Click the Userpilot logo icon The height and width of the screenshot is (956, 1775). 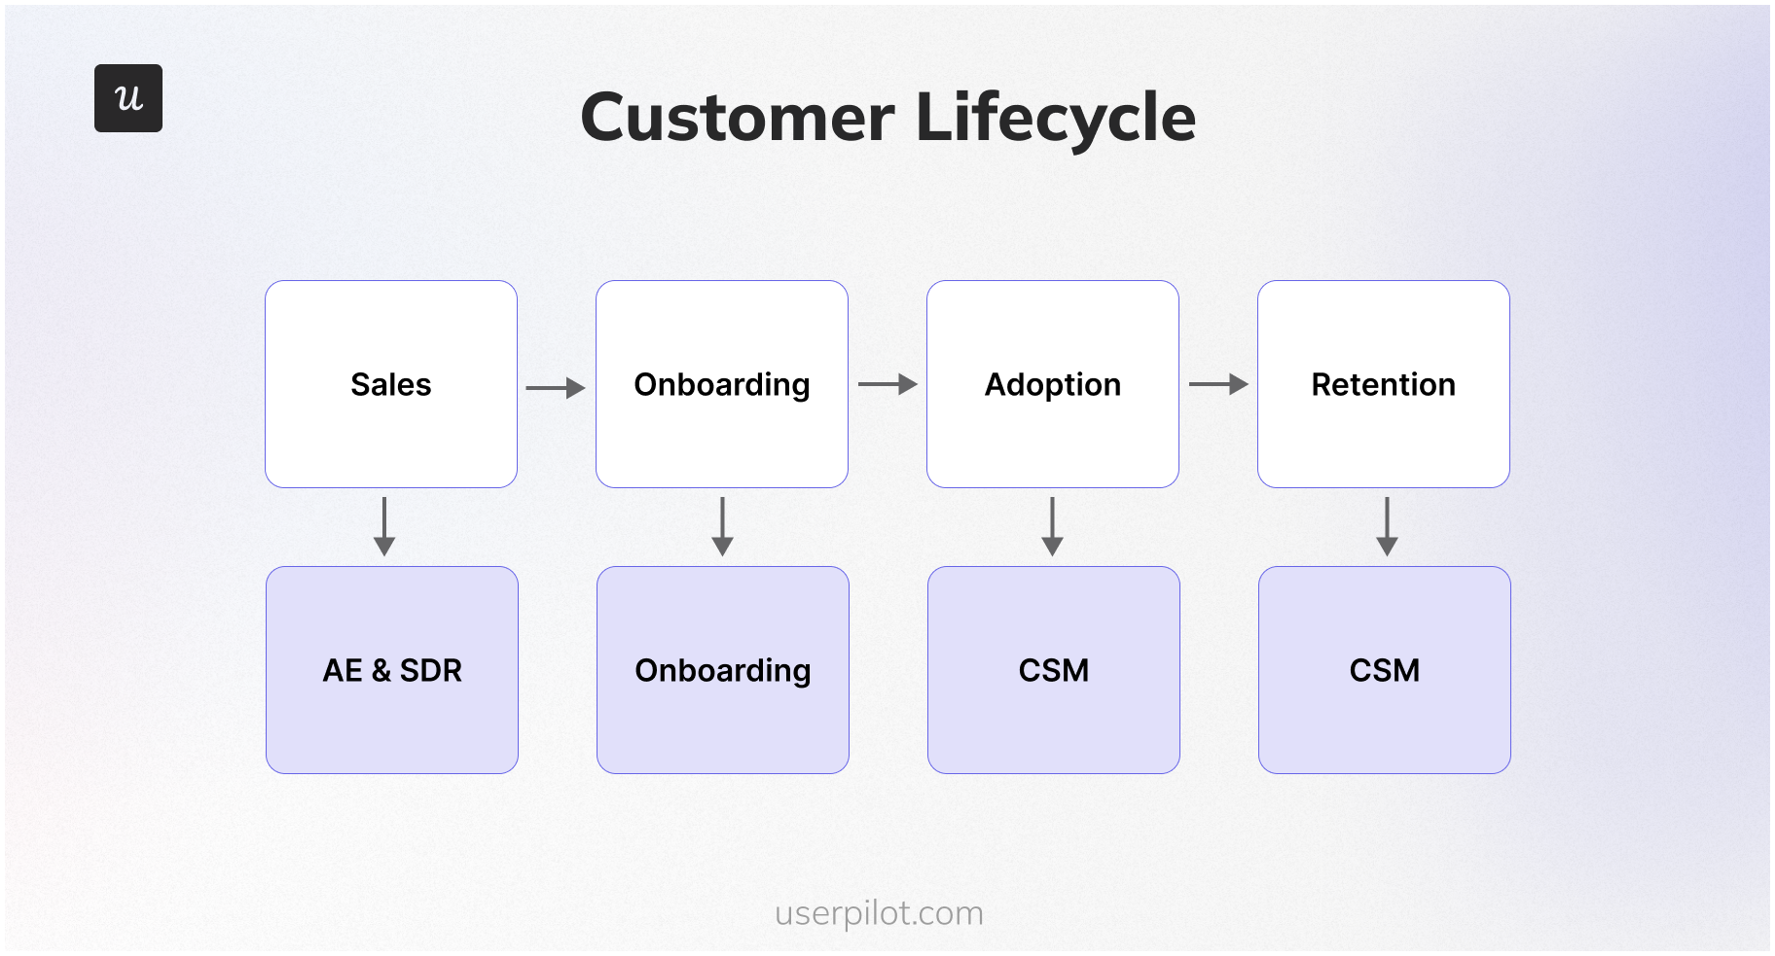coord(128,98)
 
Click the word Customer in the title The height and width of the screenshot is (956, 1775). coord(737,118)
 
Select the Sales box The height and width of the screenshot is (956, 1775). coord(391,384)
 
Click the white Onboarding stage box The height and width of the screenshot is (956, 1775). coord(722,384)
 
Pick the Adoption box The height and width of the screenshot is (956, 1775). coord(1053,384)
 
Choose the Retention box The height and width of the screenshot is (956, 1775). coord(1384,384)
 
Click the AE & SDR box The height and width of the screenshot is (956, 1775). coord(392,670)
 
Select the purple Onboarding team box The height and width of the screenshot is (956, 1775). coord(723,670)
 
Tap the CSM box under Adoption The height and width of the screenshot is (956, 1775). coord(1054,670)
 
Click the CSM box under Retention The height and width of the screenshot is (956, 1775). coord(1385,670)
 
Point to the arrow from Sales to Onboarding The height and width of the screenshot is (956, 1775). coord(556,388)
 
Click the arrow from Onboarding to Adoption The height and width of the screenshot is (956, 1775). coord(887,384)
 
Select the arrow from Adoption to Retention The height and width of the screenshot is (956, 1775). coord(1218,384)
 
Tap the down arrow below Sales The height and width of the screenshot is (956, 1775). coord(384,526)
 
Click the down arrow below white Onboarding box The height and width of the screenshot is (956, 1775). coord(722,526)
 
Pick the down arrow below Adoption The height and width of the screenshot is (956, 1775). coord(1052,526)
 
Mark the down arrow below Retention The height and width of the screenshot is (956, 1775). coord(1387,526)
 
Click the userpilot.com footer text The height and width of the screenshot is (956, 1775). coord(879,914)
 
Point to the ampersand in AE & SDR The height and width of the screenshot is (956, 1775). coord(380,670)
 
